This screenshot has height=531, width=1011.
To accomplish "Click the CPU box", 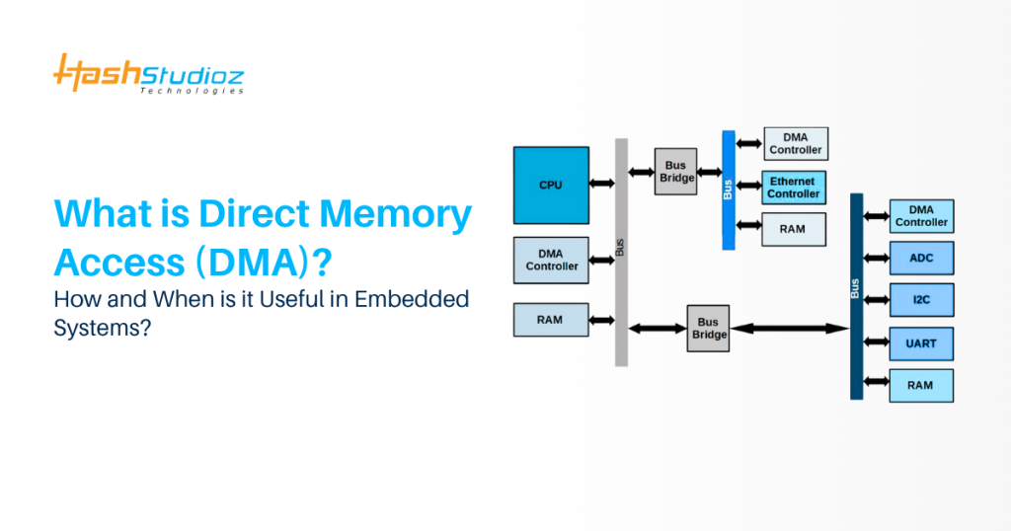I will coord(551,185).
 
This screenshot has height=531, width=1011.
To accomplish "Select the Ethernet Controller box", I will coord(795,188).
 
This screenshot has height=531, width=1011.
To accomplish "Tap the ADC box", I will coord(921,258).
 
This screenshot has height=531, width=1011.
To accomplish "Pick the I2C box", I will coord(921,299).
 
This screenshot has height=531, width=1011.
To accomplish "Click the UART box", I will coord(921,342).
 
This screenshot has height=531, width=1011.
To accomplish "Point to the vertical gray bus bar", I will coord(621,252).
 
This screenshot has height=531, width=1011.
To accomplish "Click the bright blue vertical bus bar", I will coord(729,190).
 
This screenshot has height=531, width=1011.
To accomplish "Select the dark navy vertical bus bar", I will coord(856,296).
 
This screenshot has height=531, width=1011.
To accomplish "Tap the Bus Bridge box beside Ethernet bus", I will coord(677,172).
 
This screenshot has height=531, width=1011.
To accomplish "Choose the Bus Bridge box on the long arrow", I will coord(709,328).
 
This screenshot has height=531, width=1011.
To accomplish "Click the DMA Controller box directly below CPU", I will coord(551,261).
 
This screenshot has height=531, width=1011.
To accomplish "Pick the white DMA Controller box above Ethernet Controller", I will coord(795,143).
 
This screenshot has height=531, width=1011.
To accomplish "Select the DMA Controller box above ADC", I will coord(921,216).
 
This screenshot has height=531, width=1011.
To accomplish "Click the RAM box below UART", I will coord(921,385).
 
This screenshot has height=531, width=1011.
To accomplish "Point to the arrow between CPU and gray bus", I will coord(601,184).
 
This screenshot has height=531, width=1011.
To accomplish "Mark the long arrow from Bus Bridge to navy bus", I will coord(790,328).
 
